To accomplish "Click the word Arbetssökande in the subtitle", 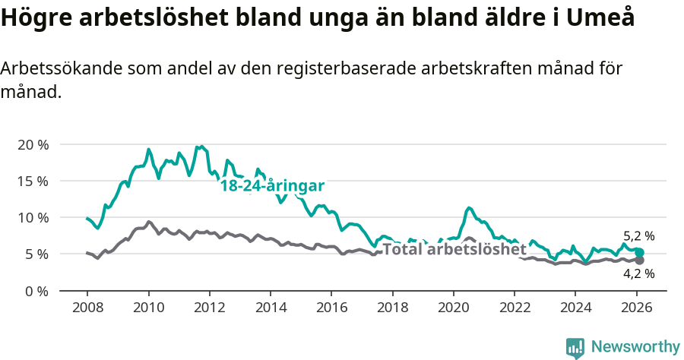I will coord(57,68).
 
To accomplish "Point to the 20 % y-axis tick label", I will coord(33,144).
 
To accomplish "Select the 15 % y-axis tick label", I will coord(33,181).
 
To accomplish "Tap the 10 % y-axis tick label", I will coord(33,217).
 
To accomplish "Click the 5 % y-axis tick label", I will coord(36,254).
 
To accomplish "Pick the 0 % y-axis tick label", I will coord(36,290).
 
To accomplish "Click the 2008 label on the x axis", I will coord(87,308).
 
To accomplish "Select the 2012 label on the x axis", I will coord(209,308).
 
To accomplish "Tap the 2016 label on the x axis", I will coord(331,308).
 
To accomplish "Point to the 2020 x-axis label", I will coord(454,308).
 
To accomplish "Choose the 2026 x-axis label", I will coord(636,308).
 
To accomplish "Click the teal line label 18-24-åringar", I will coord(272,186).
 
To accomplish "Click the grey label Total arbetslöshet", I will coord(454,249).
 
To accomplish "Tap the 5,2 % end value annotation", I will coord(638,236).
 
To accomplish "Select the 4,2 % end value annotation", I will coord(638,273).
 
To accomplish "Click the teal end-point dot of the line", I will coord(639,252).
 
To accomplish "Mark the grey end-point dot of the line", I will coord(639,261).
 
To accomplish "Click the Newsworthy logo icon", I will coord(575,348).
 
